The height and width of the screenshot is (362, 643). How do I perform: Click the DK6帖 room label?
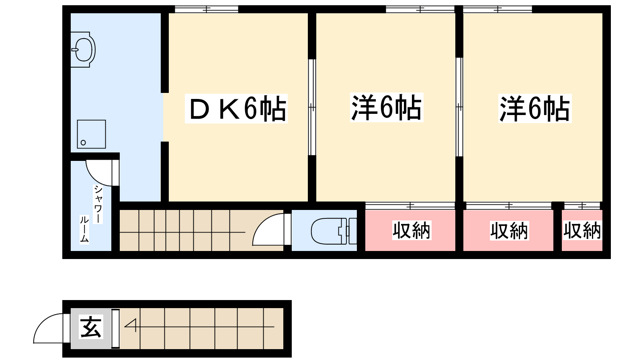tap(236, 108)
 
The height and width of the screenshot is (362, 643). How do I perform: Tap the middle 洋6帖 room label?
tap(387, 107)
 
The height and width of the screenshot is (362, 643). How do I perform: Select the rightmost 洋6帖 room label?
tap(535, 108)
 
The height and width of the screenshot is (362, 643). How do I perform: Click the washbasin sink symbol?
tap(83, 49)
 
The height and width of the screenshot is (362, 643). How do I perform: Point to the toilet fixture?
tap(334, 231)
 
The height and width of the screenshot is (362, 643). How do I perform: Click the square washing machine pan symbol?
tap(91, 134)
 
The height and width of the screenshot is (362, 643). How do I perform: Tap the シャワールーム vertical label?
tap(91, 214)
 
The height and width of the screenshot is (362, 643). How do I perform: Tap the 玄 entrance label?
tap(91, 327)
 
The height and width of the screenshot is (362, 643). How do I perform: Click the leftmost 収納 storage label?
tap(412, 230)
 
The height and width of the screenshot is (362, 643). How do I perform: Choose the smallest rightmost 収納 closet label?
tap(582, 230)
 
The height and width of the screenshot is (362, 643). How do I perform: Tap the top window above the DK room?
tap(207, 9)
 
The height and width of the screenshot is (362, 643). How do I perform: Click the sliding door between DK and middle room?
tap(312, 107)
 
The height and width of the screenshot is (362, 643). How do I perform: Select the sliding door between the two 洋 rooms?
tap(459, 107)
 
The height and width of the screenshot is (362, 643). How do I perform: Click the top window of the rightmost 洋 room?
tap(498, 9)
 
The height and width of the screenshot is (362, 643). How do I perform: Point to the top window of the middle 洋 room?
tap(420, 9)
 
